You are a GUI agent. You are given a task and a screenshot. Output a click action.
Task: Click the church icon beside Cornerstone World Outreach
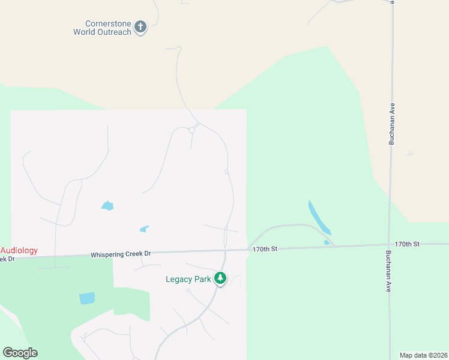pos(140,27)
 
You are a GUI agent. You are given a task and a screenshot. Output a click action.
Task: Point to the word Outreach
pos(114,32)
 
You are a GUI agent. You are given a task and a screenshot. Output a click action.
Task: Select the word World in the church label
pos(85,32)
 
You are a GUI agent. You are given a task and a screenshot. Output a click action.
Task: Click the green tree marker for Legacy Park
pos(221,278)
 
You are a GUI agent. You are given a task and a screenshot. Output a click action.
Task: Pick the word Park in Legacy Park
pos(204,279)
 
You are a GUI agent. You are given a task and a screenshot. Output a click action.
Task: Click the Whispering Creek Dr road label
pos(120,254)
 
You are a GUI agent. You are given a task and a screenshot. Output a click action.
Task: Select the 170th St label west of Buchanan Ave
pos(265,249)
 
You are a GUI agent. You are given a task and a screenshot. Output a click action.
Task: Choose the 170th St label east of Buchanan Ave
pos(407,244)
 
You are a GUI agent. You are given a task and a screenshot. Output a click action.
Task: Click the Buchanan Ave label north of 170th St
pos(392,124)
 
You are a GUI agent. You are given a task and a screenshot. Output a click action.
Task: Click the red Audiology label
pos(19,250)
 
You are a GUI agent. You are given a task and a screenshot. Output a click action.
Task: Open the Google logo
pos(20,353)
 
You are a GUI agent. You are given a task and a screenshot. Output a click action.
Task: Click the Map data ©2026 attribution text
pos(423,355)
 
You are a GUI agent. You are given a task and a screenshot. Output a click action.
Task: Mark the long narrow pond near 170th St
pos(319,217)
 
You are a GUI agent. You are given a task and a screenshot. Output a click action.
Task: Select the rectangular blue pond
pos(87,298)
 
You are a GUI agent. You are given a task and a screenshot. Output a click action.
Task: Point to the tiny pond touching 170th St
pos(327,242)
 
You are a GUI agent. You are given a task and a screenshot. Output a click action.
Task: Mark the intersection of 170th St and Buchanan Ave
pos(390,245)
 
